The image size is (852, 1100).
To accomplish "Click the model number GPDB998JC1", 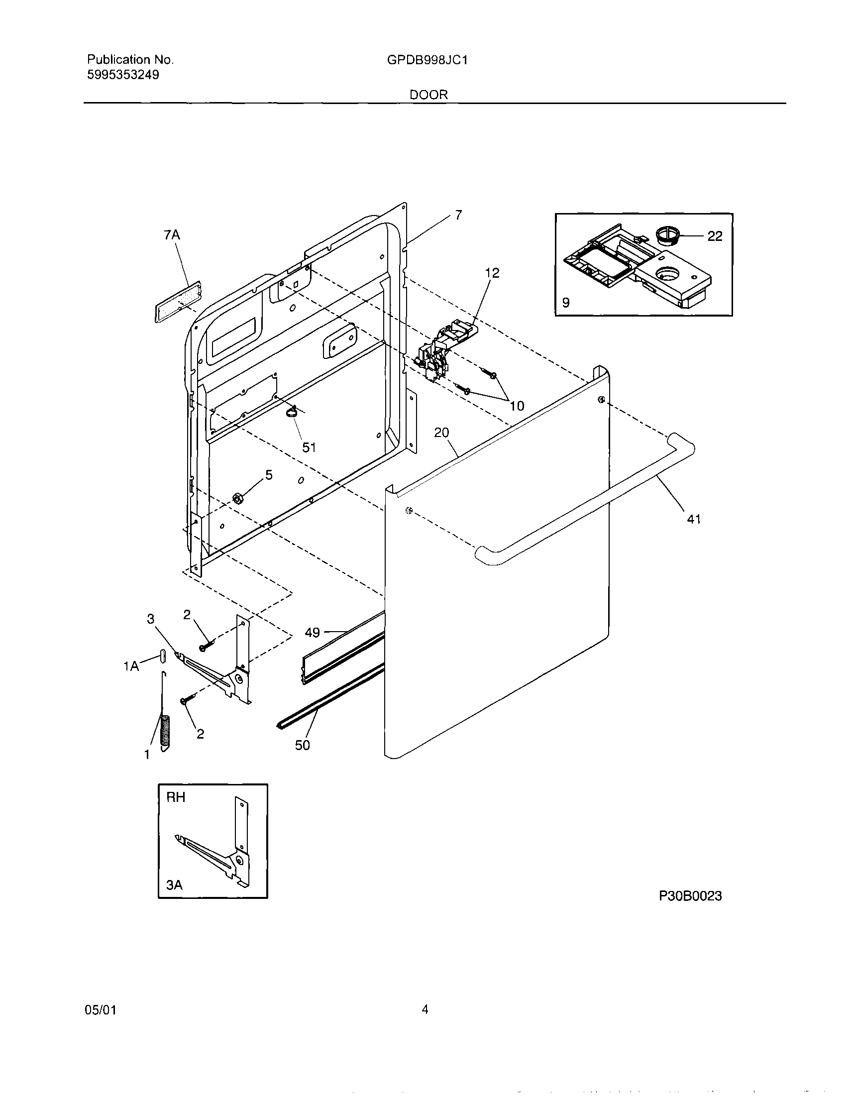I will [427, 60].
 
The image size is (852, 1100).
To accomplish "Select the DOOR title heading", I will [428, 95].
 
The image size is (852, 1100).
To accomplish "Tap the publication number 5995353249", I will [123, 75].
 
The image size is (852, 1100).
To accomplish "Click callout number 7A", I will [172, 235].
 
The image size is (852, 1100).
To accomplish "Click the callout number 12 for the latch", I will [492, 273].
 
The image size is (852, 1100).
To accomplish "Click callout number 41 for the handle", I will [694, 519].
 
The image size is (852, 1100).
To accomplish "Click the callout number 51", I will [309, 447].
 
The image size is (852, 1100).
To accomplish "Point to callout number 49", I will [312, 632].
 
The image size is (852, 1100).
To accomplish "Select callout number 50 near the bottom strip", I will [302, 745].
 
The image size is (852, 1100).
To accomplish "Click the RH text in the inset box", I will [176, 797].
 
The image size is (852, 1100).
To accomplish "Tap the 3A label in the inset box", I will [174, 884].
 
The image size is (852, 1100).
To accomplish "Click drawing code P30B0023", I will [690, 896].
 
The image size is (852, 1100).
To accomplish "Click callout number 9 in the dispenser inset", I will [566, 303].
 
